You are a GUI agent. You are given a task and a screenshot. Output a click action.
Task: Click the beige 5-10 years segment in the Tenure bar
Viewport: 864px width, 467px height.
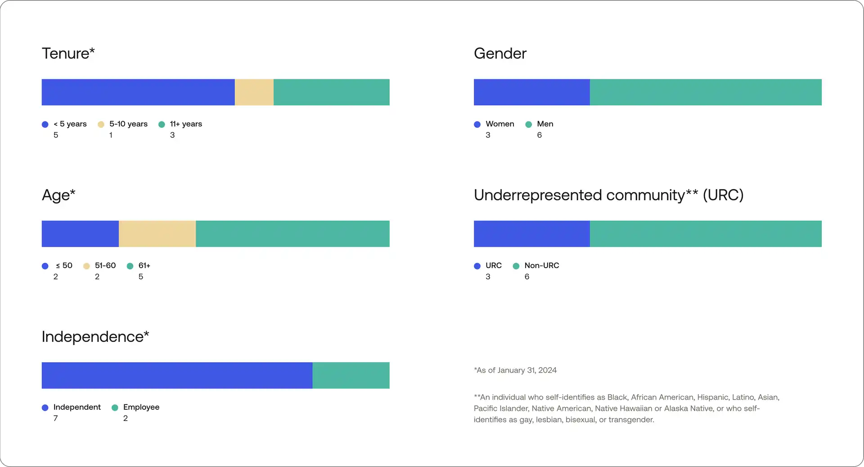pos(254,92)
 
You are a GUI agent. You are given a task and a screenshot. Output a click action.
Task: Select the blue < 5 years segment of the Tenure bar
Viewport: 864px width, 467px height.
pos(138,92)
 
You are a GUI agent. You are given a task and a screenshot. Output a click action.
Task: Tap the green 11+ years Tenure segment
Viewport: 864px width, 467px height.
pos(331,92)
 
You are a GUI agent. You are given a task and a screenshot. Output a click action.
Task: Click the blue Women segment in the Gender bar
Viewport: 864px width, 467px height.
pos(531,92)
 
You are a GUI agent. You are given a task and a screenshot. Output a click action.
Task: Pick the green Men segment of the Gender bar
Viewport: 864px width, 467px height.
pos(706,92)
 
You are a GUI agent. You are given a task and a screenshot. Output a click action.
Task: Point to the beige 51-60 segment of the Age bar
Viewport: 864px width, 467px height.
pos(157,233)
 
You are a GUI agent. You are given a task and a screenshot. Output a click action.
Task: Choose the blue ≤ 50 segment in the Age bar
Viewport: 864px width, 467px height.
pos(80,233)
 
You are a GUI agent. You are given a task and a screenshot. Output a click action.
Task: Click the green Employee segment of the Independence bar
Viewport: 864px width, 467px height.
pos(351,375)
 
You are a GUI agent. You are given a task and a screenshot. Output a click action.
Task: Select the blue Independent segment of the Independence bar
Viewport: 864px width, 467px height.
pos(177,375)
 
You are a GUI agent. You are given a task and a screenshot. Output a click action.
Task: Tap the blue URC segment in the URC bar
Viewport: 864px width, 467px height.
pos(531,233)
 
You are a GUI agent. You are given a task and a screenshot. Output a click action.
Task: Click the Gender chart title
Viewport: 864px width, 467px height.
pos(500,54)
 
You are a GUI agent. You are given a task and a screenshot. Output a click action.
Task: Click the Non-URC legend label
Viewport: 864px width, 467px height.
pos(542,265)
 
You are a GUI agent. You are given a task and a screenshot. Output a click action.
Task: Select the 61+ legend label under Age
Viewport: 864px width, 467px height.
pos(144,265)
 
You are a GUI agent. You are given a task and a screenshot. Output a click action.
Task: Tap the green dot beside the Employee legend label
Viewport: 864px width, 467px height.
pos(115,408)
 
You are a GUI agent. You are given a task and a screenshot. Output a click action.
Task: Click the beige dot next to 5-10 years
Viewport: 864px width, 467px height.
pos(101,125)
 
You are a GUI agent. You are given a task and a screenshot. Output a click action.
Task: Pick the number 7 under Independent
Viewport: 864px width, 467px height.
pos(55,418)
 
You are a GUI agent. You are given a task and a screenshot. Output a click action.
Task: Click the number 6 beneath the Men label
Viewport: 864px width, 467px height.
pos(539,135)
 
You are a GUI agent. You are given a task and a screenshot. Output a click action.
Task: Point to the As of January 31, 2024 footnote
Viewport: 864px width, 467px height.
pos(515,370)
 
